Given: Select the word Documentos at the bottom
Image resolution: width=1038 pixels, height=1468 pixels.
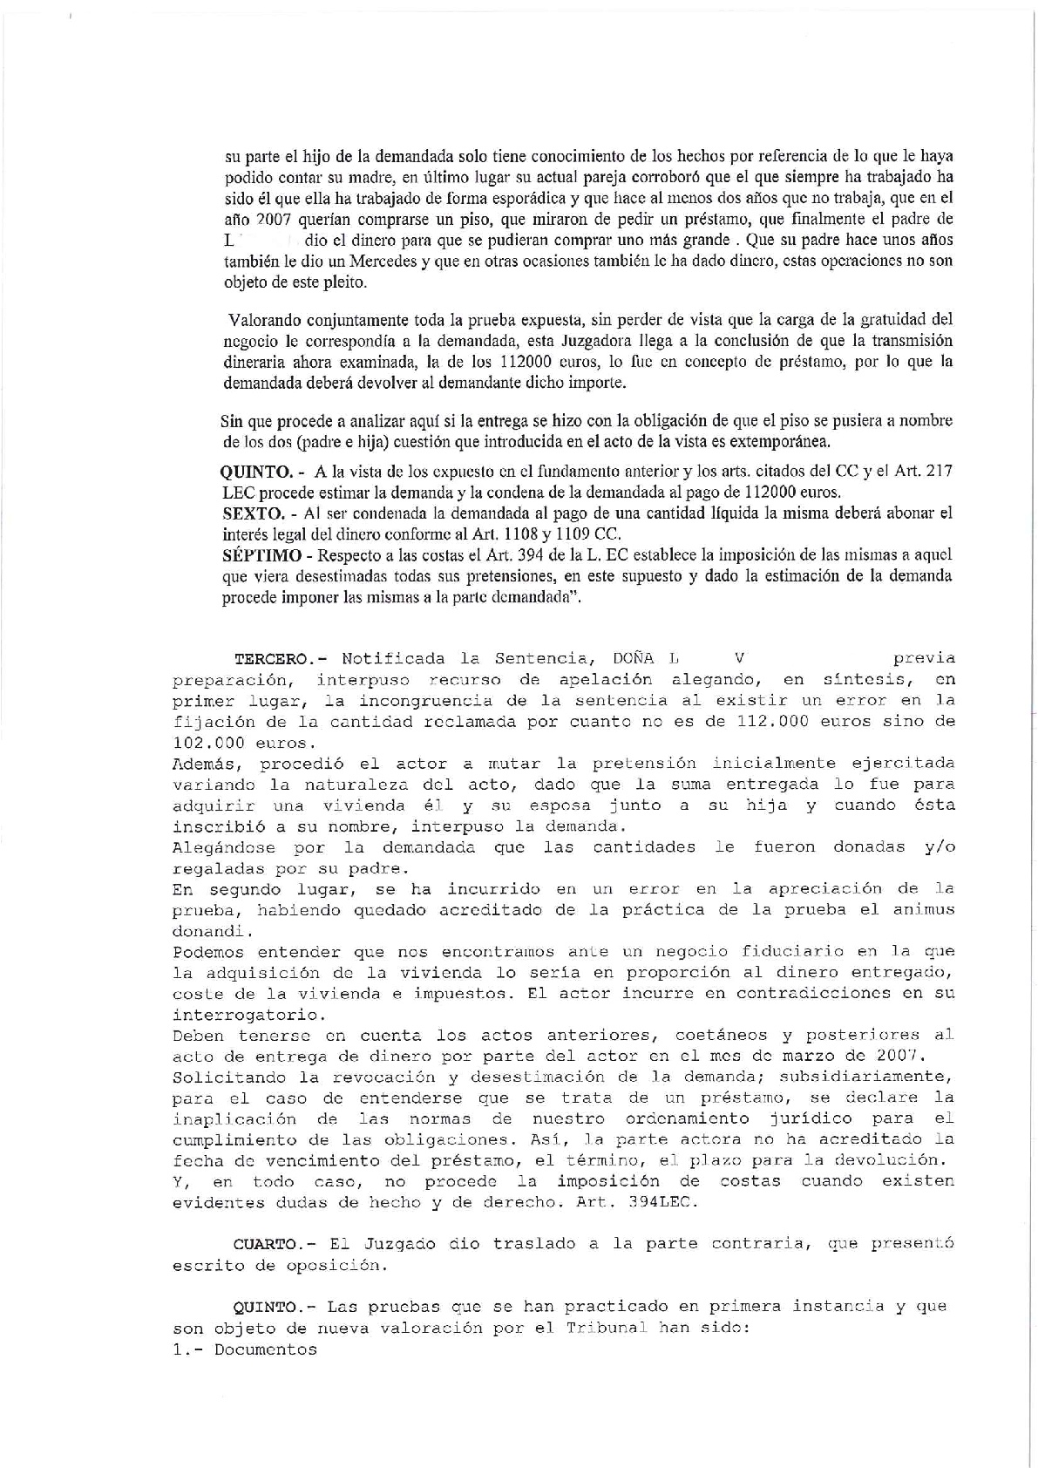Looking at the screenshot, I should point(266,1350).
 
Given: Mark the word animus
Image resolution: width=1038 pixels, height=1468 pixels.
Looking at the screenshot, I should point(923,909).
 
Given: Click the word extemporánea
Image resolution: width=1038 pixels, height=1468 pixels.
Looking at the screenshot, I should point(768,441).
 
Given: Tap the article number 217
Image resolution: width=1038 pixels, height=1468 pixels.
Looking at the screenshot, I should point(940,472).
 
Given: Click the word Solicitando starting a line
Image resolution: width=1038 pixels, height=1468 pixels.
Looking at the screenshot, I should point(224,1077).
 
